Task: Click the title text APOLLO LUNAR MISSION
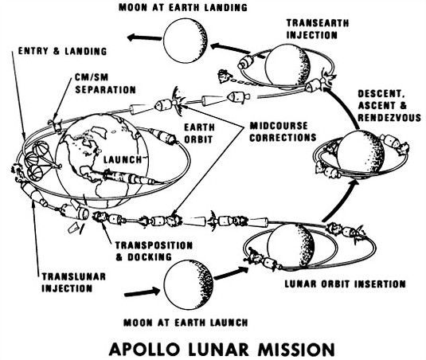pos(221,349)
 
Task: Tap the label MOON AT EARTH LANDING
pos(183,7)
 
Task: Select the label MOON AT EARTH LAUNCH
pos(186,323)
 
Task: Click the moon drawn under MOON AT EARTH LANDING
pos(186,41)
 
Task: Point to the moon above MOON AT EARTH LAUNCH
pos(189,284)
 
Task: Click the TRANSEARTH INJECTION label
pos(318,29)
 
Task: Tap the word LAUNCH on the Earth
pos(123,159)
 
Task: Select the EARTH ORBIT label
pos(199,133)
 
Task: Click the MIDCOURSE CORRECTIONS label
pos(283,131)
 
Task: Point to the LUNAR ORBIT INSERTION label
pos(345,284)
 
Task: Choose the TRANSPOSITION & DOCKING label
pos(154,251)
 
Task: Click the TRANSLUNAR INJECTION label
pos(73,283)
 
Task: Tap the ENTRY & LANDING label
pos(62,51)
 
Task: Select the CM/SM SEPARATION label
pos(105,84)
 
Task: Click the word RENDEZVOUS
pos(389,117)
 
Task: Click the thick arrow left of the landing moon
pos(144,37)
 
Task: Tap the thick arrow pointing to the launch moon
pos(143,292)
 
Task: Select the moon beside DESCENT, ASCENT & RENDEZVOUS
pos(361,154)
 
